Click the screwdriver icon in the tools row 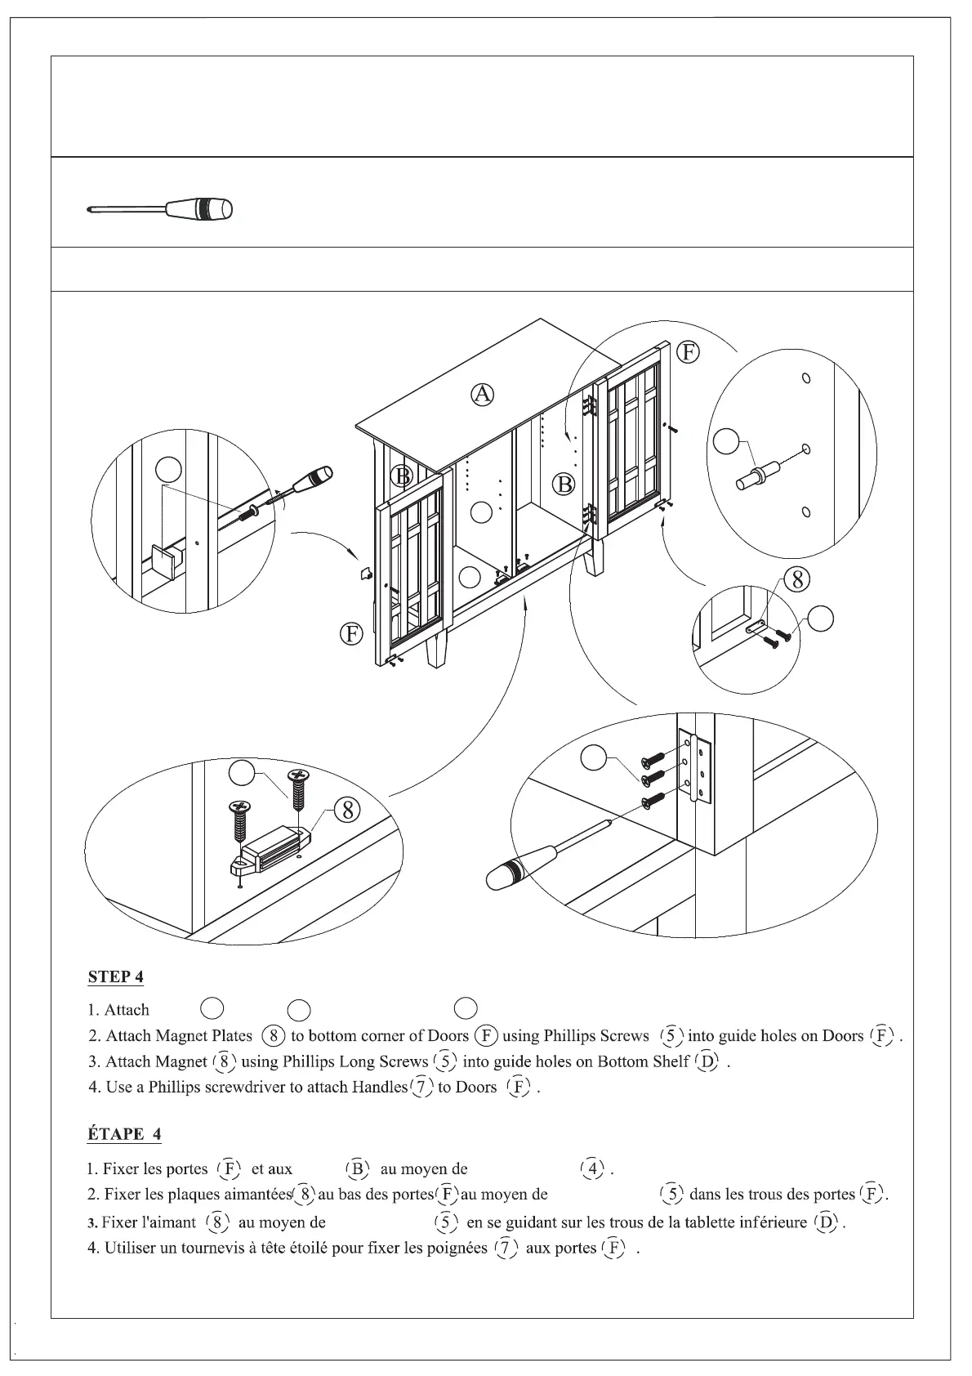point(160,209)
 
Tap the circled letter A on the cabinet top point(483,395)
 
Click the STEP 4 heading point(116,976)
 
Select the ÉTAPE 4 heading point(124,1134)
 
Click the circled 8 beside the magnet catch point(347,810)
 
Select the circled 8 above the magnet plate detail point(796,579)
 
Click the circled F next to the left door point(351,634)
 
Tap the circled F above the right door point(689,352)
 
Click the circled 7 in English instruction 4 point(422,1087)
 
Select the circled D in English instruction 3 point(707,1061)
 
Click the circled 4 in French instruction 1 point(592,1168)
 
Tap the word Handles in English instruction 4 point(379,1087)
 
